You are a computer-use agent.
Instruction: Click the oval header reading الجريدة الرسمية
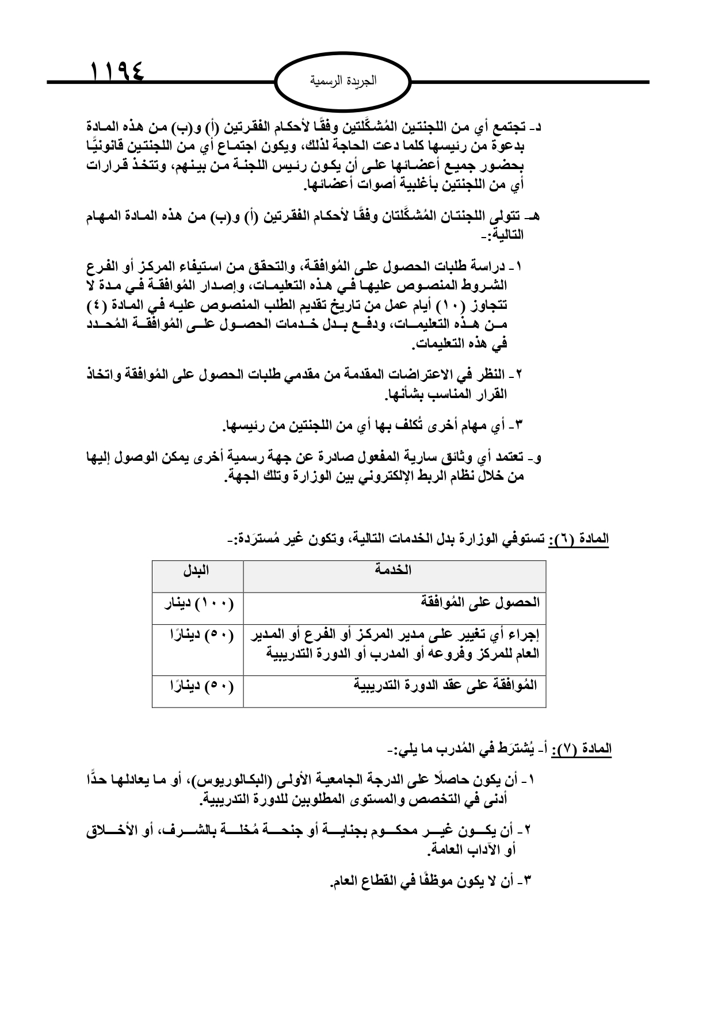coord(343,81)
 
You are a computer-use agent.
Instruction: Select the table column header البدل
coord(197,571)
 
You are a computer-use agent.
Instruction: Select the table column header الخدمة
coord(394,571)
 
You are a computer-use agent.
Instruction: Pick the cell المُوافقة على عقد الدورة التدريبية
coord(446,685)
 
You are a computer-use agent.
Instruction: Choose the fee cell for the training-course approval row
coord(197,686)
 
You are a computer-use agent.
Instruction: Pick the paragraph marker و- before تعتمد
coord(535,458)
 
